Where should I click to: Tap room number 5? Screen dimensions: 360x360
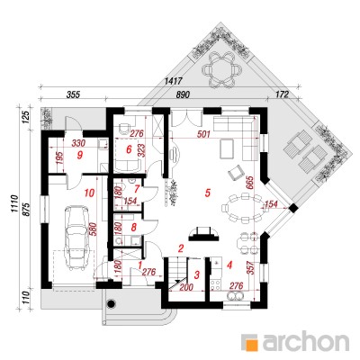(207, 193)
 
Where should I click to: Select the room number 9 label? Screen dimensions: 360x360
(79, 155)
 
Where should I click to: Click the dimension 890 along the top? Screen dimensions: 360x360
(183, 94)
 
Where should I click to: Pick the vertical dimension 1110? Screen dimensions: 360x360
(15, 204)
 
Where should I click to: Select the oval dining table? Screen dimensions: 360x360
(242, 208)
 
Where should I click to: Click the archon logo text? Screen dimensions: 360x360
(306, 341)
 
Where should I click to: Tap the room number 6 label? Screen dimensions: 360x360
(129, 149)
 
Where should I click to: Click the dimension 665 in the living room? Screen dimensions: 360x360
(250, 184)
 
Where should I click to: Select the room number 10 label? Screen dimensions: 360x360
(89, 193)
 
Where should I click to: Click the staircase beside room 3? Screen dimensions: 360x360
(177, 274)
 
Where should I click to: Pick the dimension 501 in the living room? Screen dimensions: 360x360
(204, 134)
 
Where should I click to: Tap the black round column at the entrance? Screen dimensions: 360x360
(112, 303)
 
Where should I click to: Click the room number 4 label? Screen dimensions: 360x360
(229, 265)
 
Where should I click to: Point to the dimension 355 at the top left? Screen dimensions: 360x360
(73, 94)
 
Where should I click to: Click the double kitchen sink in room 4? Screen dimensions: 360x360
(235, 296)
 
